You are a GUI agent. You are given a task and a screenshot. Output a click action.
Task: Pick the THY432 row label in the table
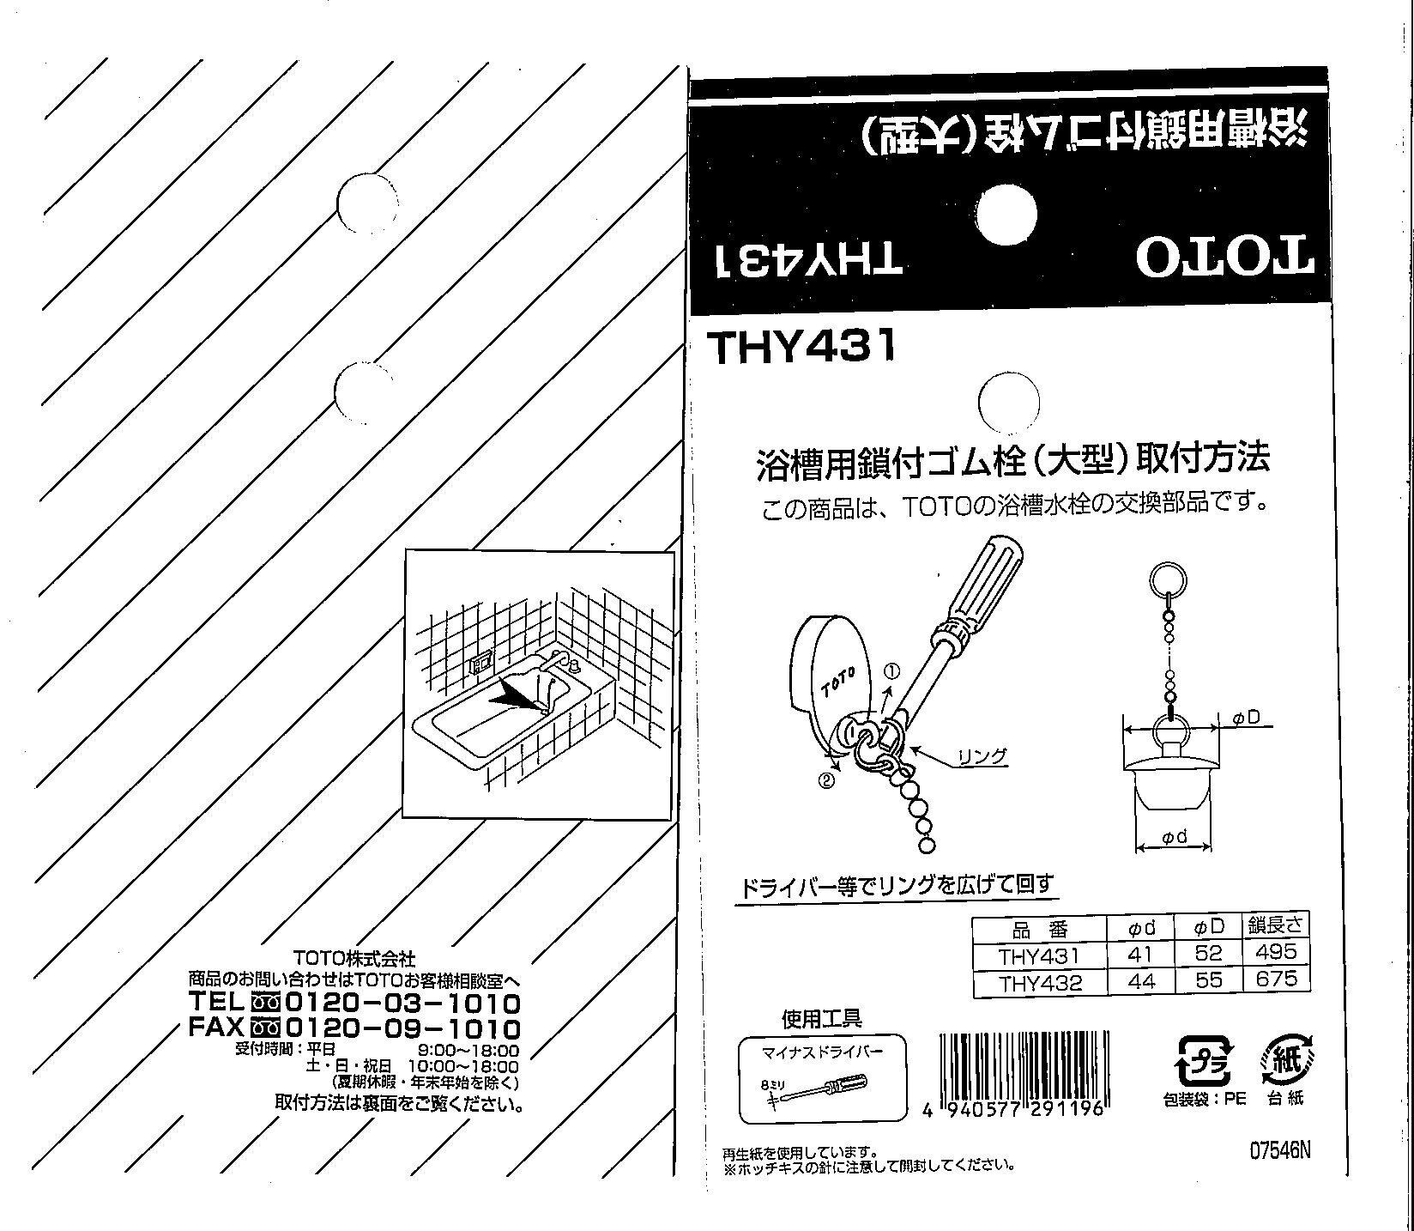(x=1040, y=981)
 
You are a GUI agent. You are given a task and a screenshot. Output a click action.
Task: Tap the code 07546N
(x=1280, y=1150)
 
